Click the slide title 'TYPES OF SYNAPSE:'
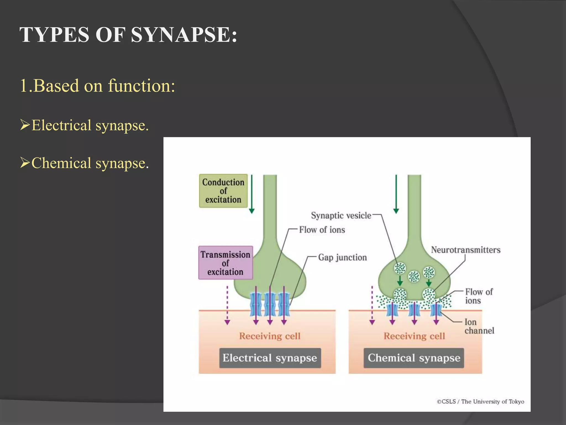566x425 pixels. tap(128, 35)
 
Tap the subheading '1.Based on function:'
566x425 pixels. tap(97, 85)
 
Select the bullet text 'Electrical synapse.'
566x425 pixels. tap(90, 125)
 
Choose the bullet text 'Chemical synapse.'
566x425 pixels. tap(90, 163)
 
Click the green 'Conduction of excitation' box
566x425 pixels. tap(223, 191)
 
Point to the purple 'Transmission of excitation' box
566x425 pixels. tap(225, 263)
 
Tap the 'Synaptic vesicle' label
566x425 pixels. tap(341, 216)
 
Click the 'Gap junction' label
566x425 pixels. tap(342, 257)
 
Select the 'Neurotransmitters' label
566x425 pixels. tap(466, 250)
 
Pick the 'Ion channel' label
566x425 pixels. tap(479, 326)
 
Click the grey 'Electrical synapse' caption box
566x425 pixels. tap(270, 358)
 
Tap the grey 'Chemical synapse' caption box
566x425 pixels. tap(414, 358)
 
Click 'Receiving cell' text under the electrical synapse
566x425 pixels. tap(270, 336)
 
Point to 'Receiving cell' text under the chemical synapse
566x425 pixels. tap(414, 336)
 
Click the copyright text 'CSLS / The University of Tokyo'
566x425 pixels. tap(481, 401)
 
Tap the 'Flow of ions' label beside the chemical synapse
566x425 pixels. tap(479, 296)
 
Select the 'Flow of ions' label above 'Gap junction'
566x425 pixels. tap(322, 230)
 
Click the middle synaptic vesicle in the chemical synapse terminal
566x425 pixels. tap(414, 276)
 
